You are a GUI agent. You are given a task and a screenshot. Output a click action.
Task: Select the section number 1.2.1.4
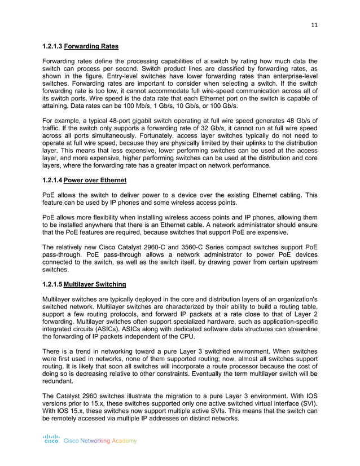click(53, 181)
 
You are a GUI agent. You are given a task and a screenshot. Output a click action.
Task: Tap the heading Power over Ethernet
click(95, 181)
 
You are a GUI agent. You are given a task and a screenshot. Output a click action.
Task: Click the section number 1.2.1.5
click(53, 284)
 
